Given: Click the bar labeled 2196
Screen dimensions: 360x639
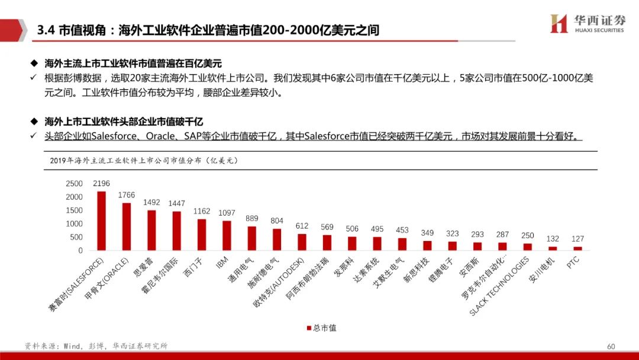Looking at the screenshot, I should pyautogui.click(x=101, y=221).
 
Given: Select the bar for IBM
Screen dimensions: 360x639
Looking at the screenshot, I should pyautogui.click(x=227, y=236).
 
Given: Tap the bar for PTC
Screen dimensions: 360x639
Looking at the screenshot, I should pyautogui.click(x=577, y=249).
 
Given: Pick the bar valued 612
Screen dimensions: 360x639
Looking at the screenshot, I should pyautogui.click(x=302, y=242).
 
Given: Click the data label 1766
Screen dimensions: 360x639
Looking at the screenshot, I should pyautogui.click(x=127, y=195).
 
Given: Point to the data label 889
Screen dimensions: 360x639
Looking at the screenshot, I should pyautogui.click(x=252, y=218).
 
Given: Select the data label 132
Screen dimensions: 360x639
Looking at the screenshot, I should pyautogui.click(x=553, y=239).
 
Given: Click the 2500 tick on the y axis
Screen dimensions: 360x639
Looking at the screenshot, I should pyautogui.click(x=74, y=184).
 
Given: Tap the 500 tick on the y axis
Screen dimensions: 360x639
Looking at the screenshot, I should pyautogui.click(x=76, y=237).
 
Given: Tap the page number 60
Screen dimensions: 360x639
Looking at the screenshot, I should pyautogui.click(x=611, y=346).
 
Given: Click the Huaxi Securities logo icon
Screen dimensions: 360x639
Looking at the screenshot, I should pyautogui.click(x=559, y=24).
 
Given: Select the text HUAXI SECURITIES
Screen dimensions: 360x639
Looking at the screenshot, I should pyautogui.click(x=599, y=30).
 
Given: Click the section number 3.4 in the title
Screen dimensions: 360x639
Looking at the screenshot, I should pyautogui.click(x=46, y=30).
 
